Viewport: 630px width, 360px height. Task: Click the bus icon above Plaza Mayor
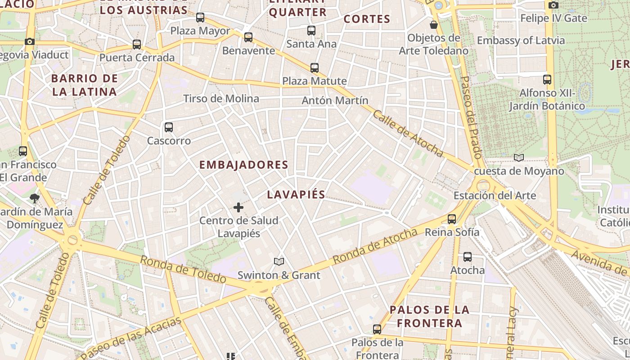(200, 18)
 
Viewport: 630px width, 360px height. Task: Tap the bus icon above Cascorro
(169, 127)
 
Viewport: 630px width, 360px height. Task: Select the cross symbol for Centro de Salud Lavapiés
(238, 207)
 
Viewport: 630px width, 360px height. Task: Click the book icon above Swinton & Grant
(279, 261)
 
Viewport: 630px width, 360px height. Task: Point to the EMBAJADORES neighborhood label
(243, 165)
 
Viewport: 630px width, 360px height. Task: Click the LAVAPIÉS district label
(296, 194)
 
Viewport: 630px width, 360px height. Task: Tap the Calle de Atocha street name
(408, 134)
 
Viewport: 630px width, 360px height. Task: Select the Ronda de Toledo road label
(183, 269)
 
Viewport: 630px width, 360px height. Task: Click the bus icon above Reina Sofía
(452, 219)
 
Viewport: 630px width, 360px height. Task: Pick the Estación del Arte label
(495, 196)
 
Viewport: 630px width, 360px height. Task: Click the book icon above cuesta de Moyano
(519, 157)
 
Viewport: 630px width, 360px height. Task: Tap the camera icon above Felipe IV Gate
(553, 5)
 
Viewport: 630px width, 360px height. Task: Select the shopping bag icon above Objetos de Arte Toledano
(434, 24)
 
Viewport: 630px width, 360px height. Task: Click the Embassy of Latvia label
(521, 40)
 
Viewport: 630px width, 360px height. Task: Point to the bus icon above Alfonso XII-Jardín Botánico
(547, 80)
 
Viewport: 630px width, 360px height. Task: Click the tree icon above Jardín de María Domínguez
(35, 198)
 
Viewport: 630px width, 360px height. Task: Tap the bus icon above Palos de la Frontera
(377, 329)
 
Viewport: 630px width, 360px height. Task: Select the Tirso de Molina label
(221, 99)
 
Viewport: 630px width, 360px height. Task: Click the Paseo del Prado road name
(471, 117)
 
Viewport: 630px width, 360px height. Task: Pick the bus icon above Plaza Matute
(315, 68)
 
